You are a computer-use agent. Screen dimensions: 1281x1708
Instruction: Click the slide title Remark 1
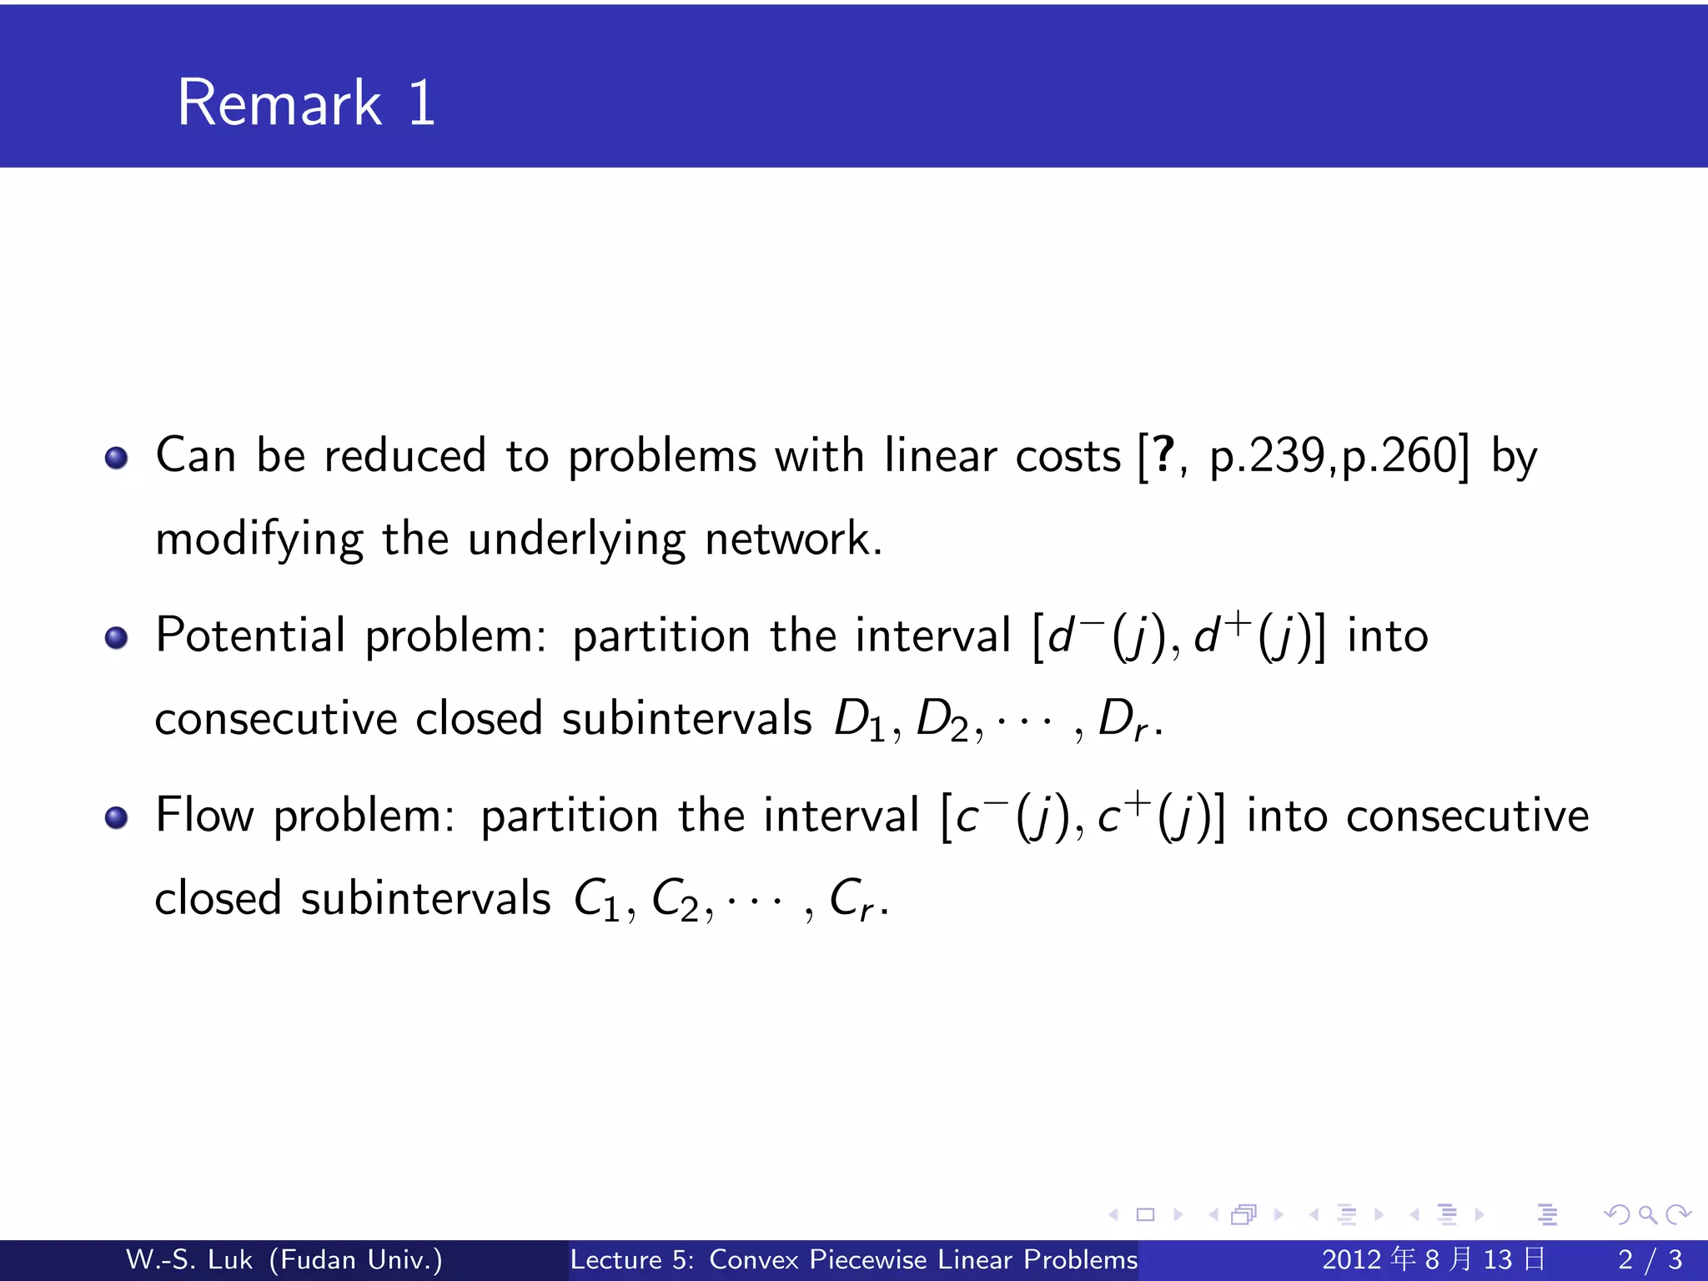point(306,103)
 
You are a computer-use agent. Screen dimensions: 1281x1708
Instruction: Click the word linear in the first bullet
point(940,456)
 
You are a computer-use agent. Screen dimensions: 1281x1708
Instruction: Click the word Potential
point(250,635)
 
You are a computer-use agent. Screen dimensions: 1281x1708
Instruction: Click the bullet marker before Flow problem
point(117,817)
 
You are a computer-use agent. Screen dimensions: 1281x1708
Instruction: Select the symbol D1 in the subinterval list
point(859,720)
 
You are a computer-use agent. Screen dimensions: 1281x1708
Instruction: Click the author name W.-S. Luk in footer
point(188,1259)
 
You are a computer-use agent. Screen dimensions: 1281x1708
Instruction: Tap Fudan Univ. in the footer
point(356,1259)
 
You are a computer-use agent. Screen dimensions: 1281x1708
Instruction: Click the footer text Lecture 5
point(631,1259)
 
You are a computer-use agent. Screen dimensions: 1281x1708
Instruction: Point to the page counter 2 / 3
point(1650,1259)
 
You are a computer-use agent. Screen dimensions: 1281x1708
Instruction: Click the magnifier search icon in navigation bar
point(1647,1214)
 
